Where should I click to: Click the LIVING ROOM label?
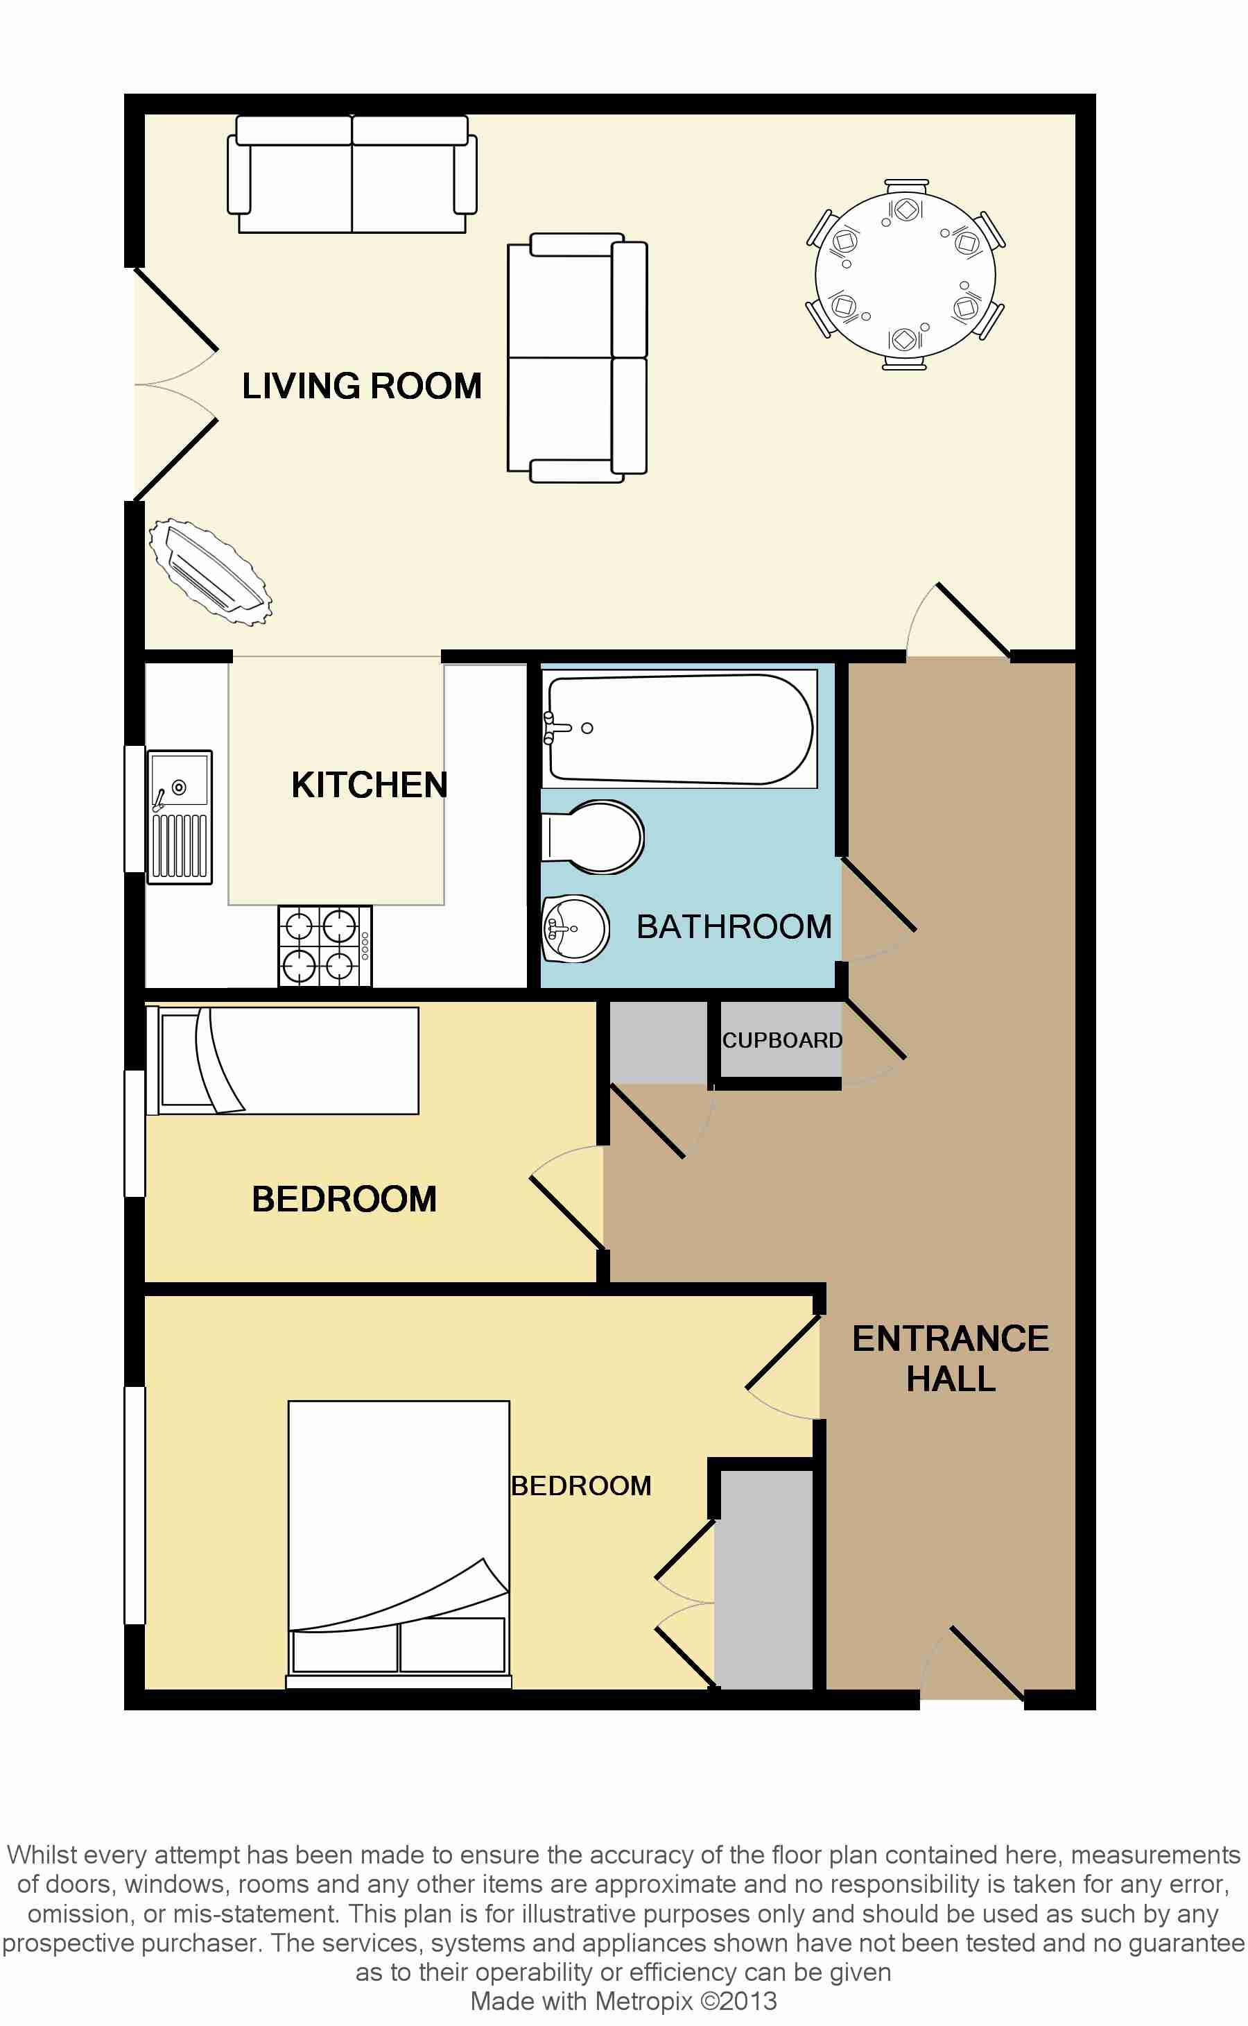click(x=361, y=386)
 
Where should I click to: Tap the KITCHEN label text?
click(x=369, y=785)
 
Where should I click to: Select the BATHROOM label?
click(x=734, y=927)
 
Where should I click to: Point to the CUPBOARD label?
click(x=781, y=1040)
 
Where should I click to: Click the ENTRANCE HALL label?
click(x=950, y=1359)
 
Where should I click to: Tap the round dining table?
click(x=905, y=275)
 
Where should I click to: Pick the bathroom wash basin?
click(x=575, y=928)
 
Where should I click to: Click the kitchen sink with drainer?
click(x=179, y=817)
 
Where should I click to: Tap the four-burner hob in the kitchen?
click(x=324, y=946)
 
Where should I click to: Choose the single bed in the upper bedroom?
click(x=282, y=1060)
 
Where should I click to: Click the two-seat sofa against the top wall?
click(x=352, y=174)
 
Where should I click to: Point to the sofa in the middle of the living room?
click(x=577, y=357)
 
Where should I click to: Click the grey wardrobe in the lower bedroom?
click(x=763, y=1579)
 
